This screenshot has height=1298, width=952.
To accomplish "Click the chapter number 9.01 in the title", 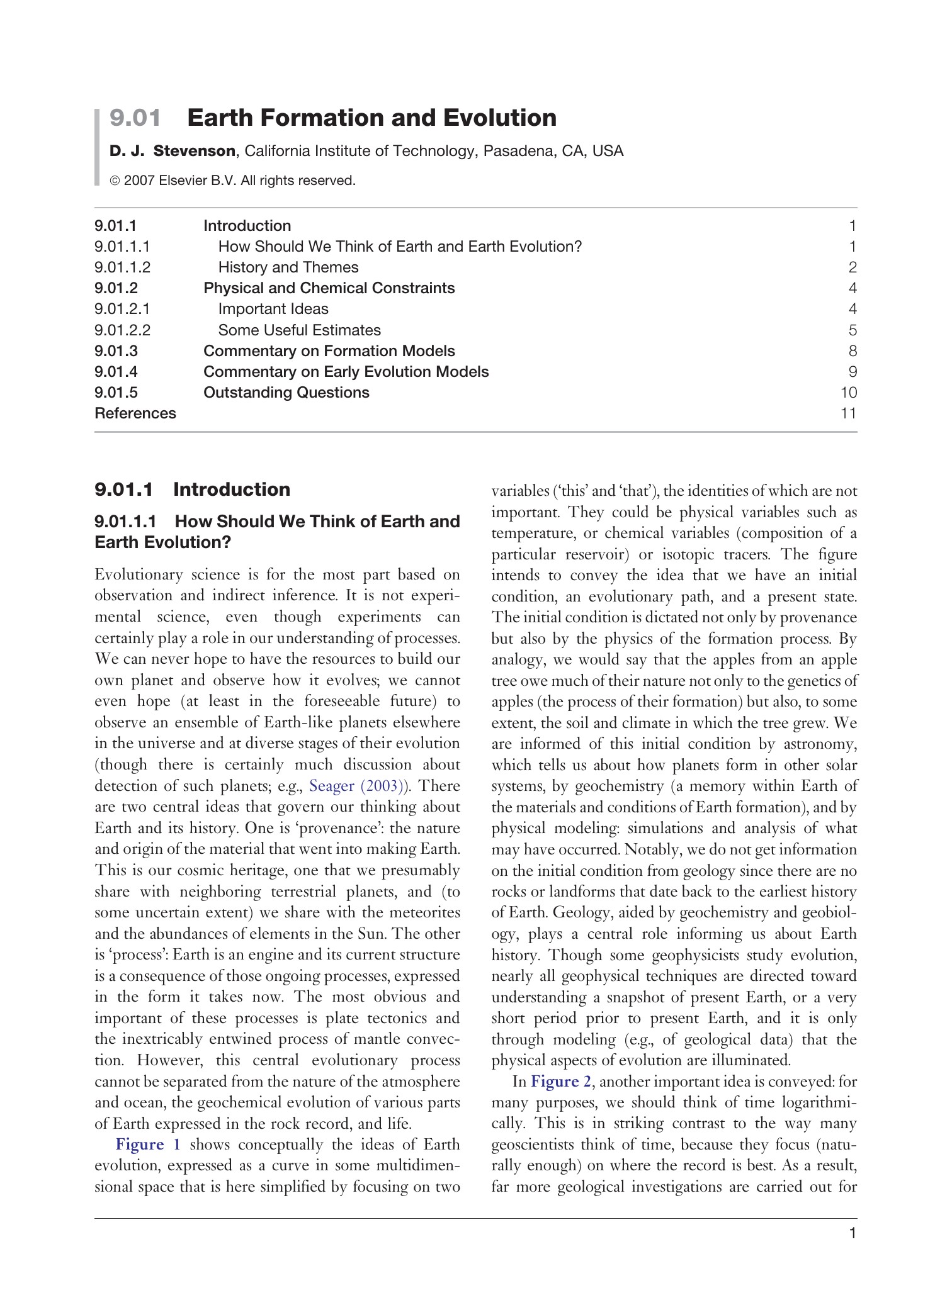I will [135, 118].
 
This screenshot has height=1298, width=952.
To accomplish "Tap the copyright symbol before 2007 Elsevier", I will [115, 181].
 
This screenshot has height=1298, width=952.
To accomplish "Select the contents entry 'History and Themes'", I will [288, 267].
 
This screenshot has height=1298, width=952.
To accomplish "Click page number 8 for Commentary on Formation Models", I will [853, 351].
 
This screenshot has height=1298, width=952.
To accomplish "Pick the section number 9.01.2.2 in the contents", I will [123, 330].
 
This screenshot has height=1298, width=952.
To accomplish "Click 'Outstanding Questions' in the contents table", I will [286, 393].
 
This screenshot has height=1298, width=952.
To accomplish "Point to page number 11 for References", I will [848, 413].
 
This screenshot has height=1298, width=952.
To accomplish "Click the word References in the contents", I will [135, 413].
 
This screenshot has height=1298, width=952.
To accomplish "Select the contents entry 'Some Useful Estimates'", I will [299, 330].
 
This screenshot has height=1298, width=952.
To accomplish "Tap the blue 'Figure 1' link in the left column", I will [148, 1144].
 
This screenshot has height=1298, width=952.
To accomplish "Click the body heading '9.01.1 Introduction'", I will [192, 490].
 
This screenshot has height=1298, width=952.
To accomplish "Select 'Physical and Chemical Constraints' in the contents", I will [329, 288].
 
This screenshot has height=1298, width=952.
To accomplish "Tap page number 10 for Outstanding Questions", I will [848, 393].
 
